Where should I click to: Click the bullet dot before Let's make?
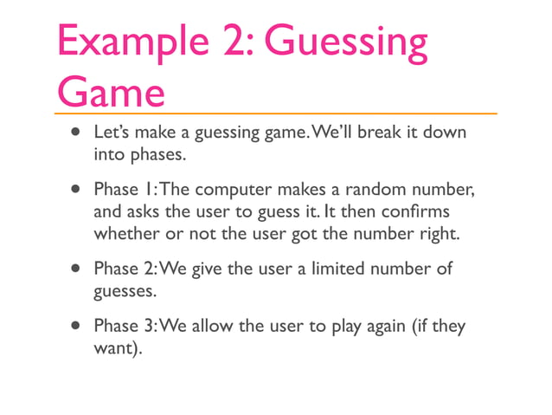(75, 134)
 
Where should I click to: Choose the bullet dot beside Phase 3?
(75, 327)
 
